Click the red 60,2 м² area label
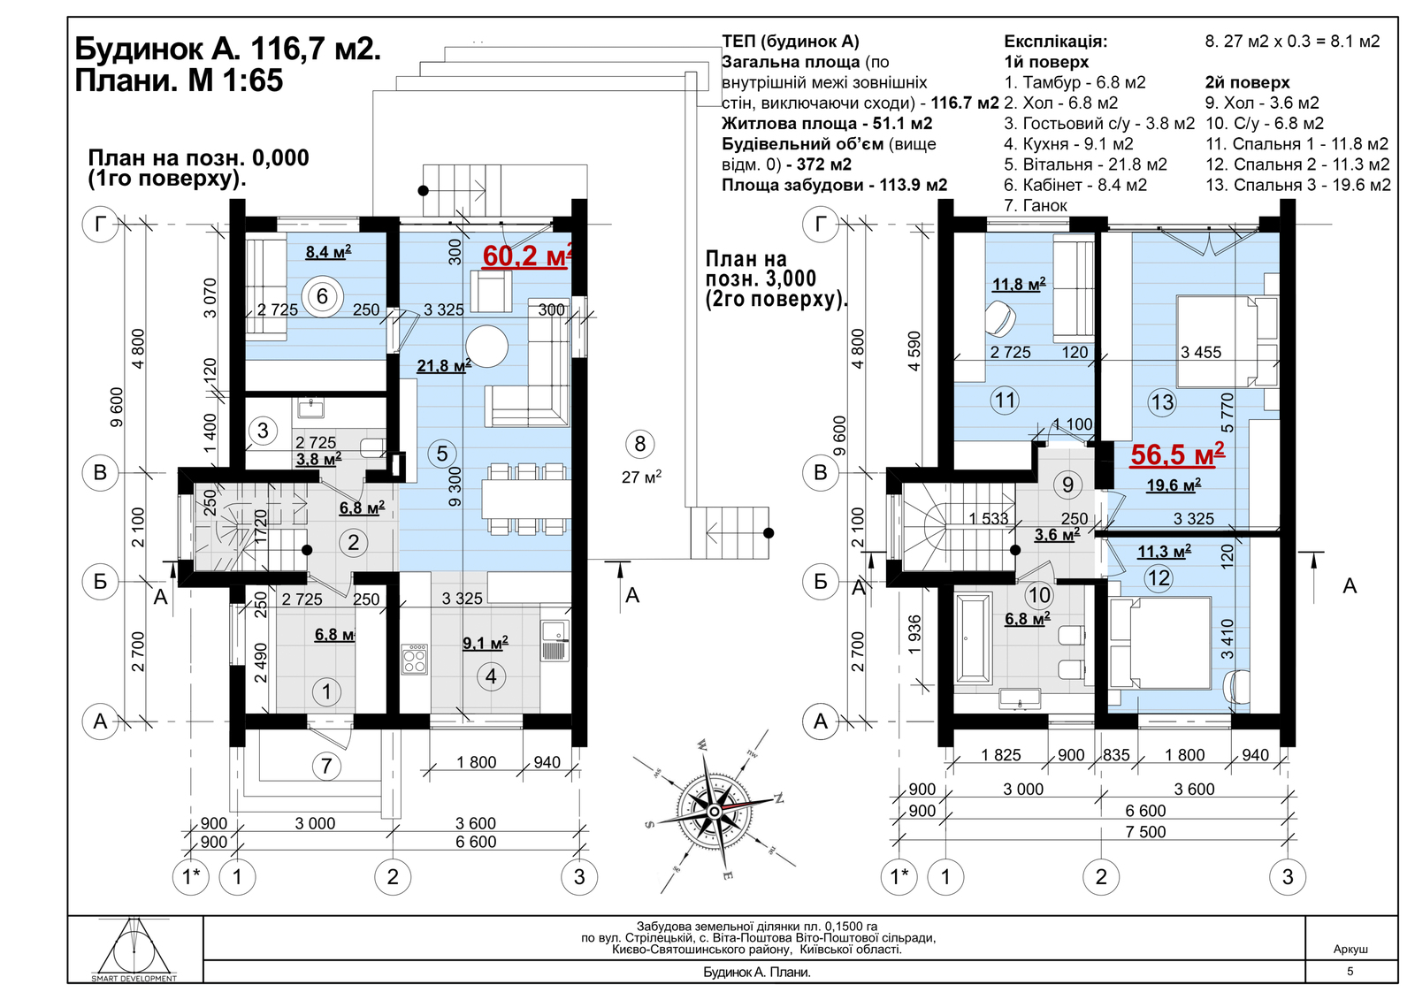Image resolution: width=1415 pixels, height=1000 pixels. point(527,256)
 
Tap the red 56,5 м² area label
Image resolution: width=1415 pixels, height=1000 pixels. point(1177,454)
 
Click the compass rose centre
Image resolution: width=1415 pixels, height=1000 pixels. point(714,811)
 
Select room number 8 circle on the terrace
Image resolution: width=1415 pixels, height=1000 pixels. point(640,444)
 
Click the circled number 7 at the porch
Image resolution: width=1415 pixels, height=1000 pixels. point(326,767)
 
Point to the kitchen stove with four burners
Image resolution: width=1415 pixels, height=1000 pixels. point(415,660)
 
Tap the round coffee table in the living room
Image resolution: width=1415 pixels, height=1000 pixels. point(487,346)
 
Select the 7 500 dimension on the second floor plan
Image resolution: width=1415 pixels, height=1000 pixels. point(1145,831)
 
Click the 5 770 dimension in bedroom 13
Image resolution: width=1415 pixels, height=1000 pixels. point(1227,413)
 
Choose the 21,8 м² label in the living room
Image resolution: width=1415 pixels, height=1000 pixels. point(444,365)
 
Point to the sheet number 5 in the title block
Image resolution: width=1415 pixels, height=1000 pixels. point(1350,971)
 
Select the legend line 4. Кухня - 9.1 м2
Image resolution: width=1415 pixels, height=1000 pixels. point(1069,144)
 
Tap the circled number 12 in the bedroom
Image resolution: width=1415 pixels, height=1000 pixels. point(1159,578)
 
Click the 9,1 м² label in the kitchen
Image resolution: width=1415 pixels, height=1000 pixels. point(486,643)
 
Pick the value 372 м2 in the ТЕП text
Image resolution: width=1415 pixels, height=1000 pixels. point(824,164)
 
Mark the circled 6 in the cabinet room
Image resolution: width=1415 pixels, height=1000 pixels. point(322,296)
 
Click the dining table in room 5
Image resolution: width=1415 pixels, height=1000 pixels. point(526,499)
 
